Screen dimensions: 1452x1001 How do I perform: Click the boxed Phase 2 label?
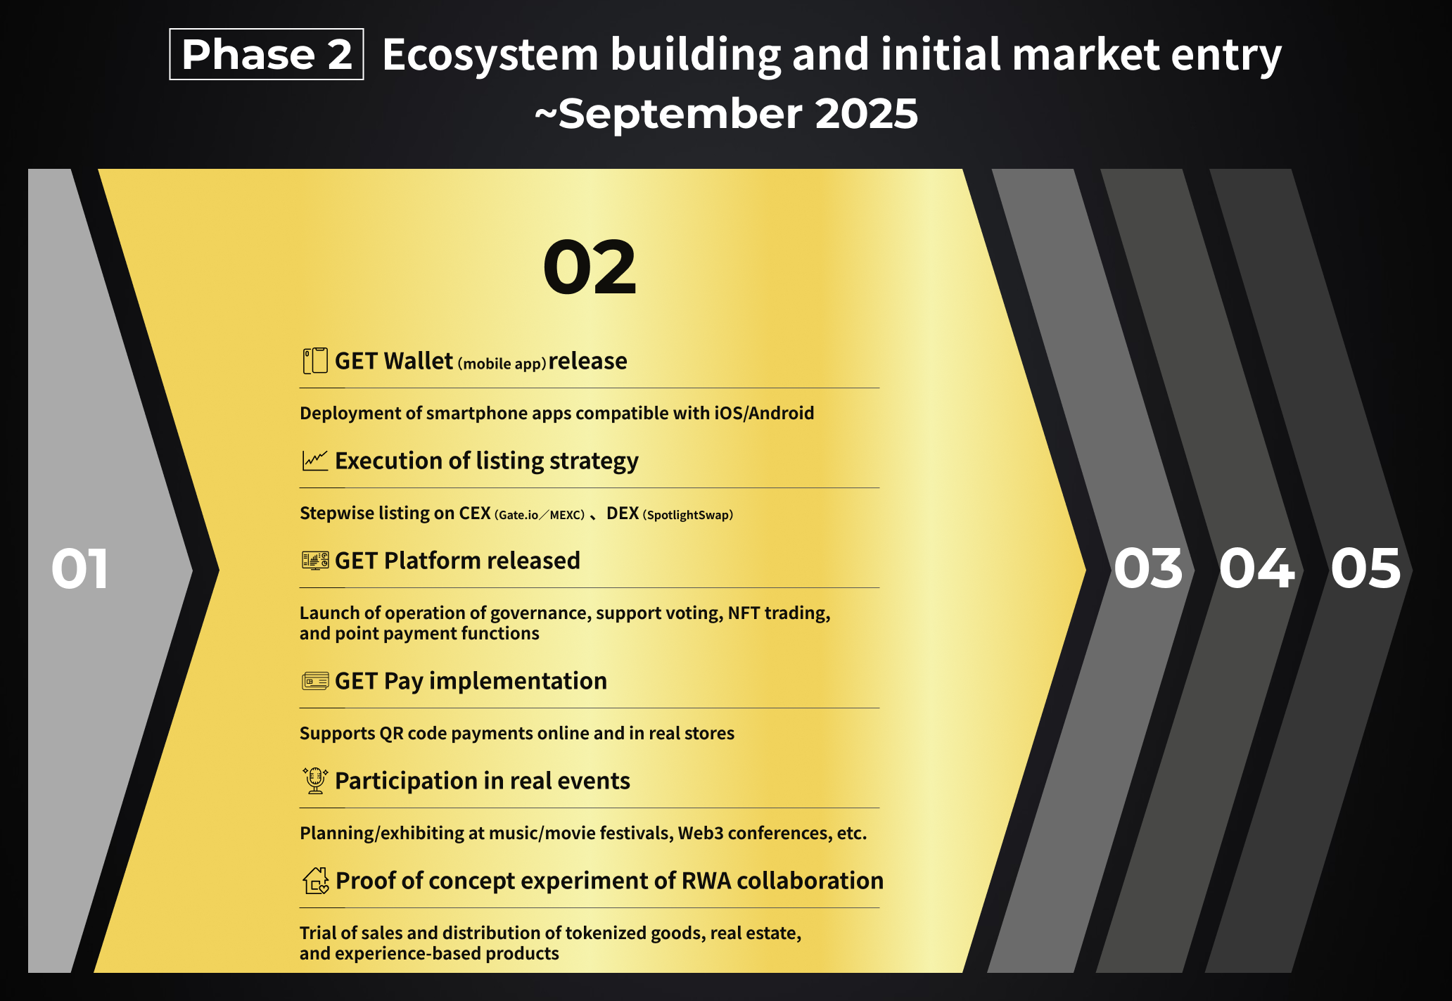267,54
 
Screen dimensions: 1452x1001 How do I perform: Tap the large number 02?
590,267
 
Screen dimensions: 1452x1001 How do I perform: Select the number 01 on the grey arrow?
79,568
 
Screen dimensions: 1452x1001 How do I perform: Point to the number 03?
1148,568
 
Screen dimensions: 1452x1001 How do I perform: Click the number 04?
1256,568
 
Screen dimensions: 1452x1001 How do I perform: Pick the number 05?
1365,568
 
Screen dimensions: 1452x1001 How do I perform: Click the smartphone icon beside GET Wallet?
315,361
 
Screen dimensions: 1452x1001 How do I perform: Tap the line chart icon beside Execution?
315,461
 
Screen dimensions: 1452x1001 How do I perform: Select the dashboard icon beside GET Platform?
315,561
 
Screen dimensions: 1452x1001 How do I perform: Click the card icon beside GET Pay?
315,681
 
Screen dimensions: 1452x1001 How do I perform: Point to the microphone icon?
315,781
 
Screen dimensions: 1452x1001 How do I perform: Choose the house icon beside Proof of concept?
316,881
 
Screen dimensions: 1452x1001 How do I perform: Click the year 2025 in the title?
866,114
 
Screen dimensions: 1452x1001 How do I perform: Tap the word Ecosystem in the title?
490,55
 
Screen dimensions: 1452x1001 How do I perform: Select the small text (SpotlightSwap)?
688,515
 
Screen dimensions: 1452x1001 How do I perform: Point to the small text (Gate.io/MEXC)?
540,515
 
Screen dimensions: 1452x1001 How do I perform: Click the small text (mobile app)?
502,364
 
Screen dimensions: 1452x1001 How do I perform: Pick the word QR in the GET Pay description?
391,734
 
